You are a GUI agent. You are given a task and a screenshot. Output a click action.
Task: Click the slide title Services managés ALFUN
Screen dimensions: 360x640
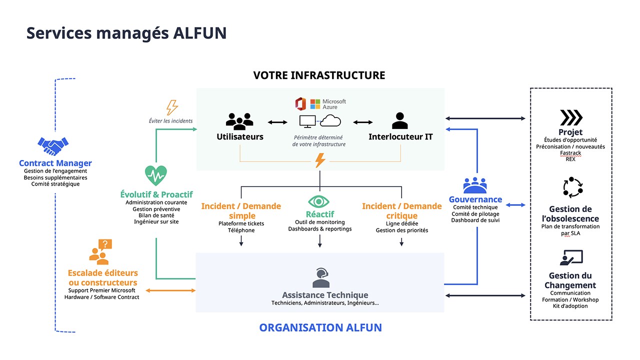click(126, 33)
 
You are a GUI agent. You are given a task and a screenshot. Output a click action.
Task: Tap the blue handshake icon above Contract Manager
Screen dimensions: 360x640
click(52, 146)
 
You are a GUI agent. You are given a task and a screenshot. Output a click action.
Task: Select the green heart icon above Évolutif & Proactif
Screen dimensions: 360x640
click(156, 175)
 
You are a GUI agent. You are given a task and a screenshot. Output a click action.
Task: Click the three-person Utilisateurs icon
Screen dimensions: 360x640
click(239, 121)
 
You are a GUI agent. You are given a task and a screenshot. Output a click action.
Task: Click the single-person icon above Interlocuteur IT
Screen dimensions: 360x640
click(399, 121)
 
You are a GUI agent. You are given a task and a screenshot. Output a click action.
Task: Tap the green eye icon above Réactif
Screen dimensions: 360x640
click(319, 201)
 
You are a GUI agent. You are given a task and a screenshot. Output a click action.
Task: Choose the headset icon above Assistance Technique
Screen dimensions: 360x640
click(320, 278)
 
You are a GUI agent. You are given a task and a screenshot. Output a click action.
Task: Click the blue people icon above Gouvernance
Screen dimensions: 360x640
click(474, 185)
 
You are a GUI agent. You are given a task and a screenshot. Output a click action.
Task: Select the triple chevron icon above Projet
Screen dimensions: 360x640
click(570, 118)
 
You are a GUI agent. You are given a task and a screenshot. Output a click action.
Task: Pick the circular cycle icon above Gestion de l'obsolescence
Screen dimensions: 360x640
click(573, 187)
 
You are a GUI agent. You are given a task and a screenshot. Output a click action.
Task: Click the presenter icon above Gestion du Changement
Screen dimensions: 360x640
click(571, 258)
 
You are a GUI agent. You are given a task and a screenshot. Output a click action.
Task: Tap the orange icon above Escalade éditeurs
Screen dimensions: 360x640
click(101, 252)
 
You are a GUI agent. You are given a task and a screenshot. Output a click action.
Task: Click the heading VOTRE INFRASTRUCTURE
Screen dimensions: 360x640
click(319, 75)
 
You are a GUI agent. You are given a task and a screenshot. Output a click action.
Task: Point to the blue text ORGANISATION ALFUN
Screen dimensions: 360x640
click(320, 328)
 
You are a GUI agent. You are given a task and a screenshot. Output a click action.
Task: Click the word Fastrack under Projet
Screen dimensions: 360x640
click(570, 153)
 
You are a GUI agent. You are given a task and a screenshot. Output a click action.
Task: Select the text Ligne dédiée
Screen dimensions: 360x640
click(401, 223)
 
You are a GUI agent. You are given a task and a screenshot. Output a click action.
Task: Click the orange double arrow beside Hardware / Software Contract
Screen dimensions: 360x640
click(170, 290)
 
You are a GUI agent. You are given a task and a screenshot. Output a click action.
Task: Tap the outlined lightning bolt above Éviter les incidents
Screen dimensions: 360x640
click(171, 107)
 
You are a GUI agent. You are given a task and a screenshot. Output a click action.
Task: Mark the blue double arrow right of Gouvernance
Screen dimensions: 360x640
click(515, 205)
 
